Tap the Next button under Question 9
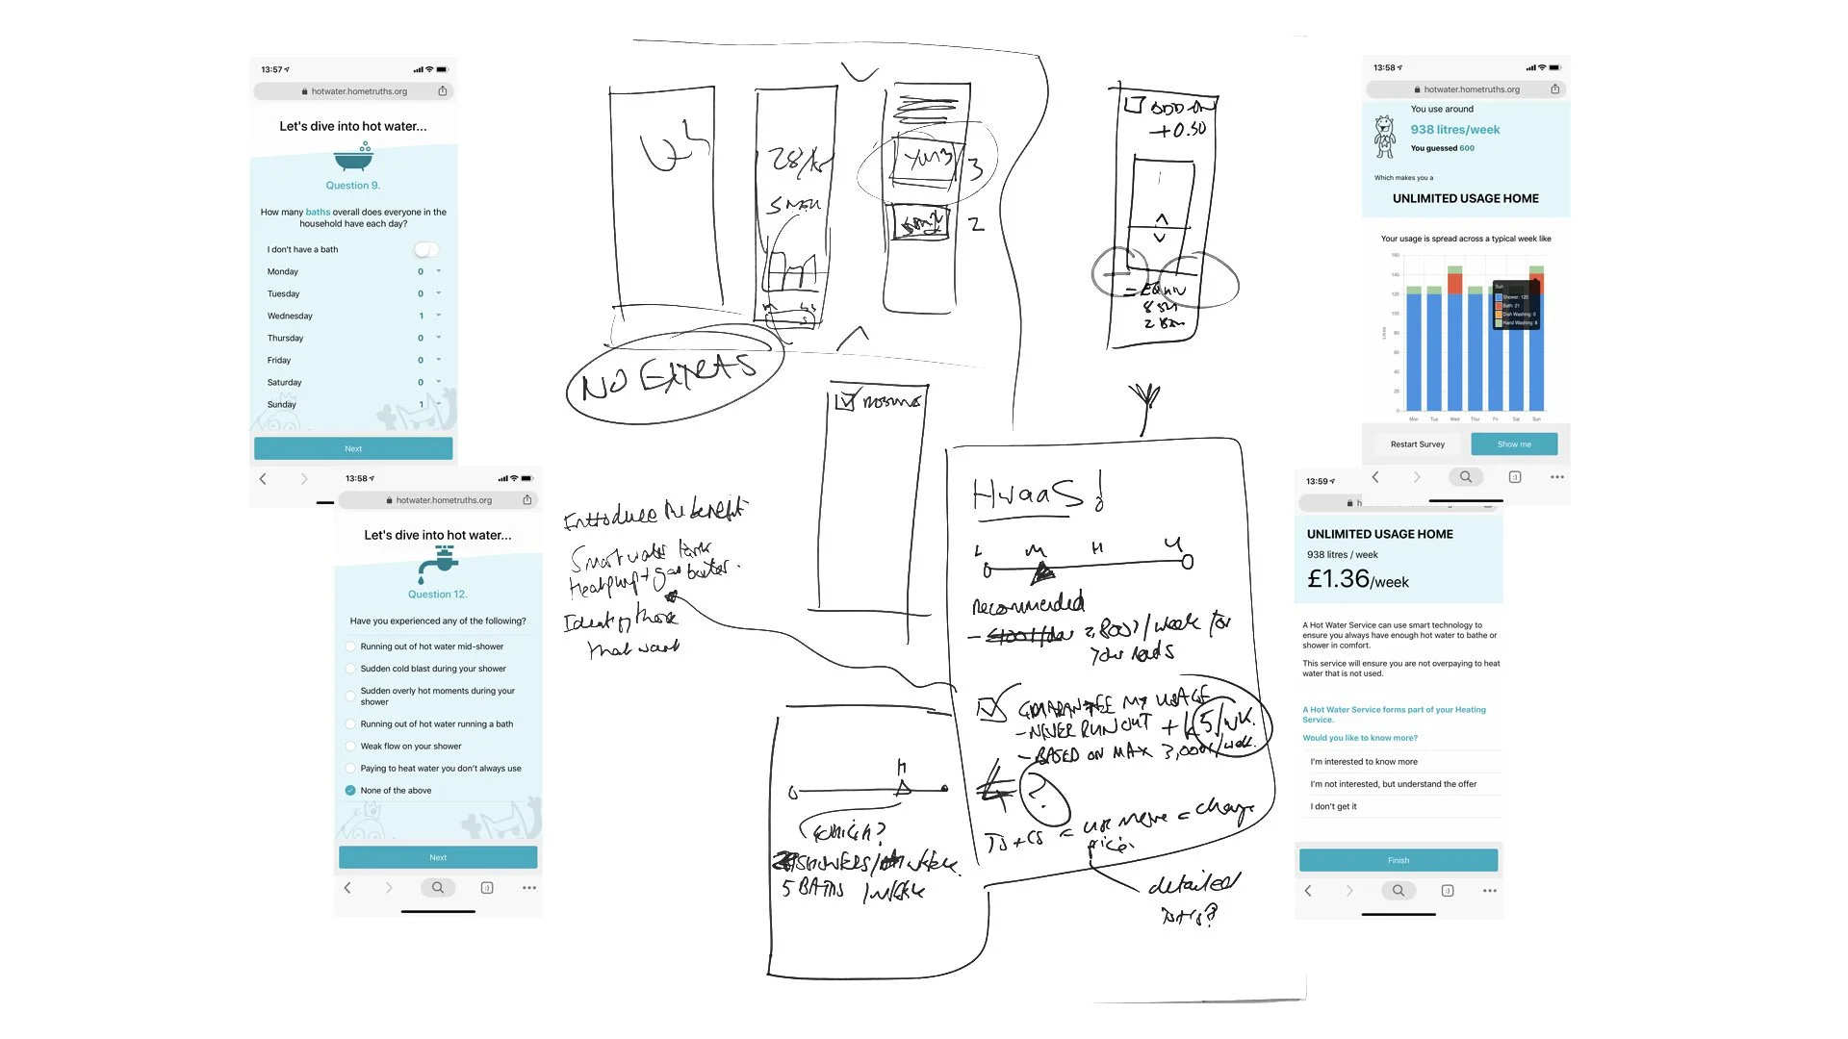tap(353, 448)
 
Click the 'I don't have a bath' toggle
tap(425, 250)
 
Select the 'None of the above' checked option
tap(350, 791)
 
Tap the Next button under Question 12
tap(438, 857)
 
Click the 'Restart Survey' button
tap(1417, 444)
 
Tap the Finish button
tap(1398, 860)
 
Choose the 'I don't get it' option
tap(1333, 806)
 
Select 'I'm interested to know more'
tap(1363, 762)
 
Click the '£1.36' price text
tap(1338, 579)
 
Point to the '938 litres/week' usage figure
tap(1454, 130)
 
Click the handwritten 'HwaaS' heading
tap(1035, 494)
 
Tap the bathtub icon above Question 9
tap(353, 157)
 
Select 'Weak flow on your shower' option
tap(411, 747)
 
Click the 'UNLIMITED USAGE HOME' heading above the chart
tap(1465, 199)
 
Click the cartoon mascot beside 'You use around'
tap(1384, 137)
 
